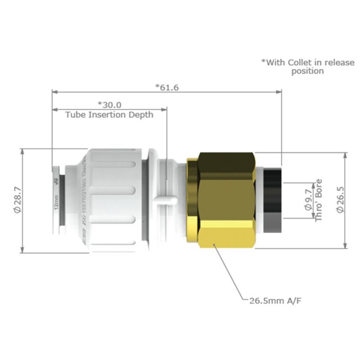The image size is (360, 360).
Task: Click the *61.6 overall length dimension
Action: point(167,87)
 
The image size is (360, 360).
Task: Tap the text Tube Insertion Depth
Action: point(109,115)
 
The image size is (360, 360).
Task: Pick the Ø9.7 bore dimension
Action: point(308,201)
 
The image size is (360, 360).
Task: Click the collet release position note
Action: point(308,67)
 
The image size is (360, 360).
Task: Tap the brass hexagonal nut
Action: point(223,200)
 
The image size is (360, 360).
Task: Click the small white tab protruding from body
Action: point(162,200)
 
